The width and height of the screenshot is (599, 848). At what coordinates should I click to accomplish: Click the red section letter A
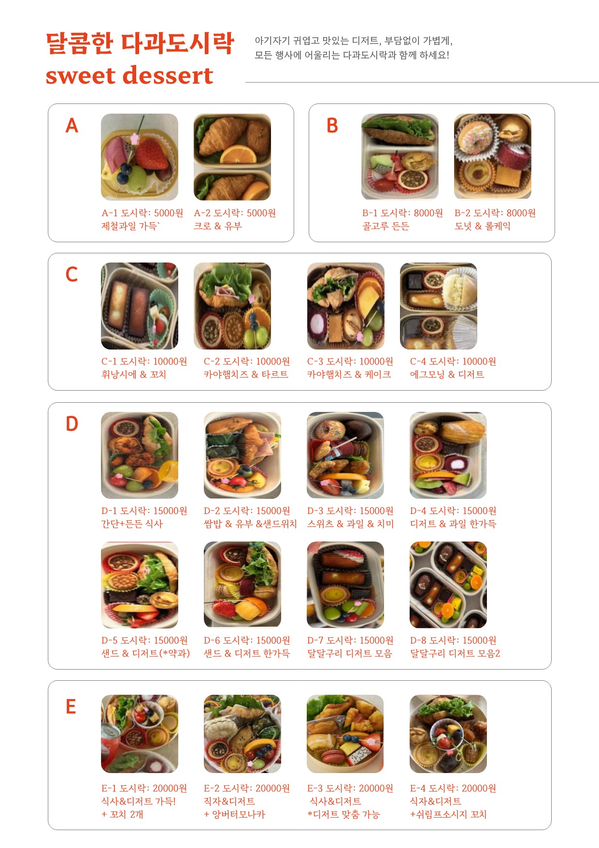pos(71,126)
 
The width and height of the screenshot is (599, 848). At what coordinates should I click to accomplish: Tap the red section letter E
pos(71,707)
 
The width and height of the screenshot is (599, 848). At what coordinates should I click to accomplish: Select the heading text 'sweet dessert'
pos(129,75)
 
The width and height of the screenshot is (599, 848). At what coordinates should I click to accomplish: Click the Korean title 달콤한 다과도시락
pos(140,44)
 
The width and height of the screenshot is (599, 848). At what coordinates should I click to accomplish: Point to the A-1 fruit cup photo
pos(140,157)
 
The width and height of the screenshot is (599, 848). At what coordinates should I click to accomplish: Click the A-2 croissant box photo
pos(232,157)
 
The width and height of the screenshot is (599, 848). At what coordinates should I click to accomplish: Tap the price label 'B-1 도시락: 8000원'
pos(402,213)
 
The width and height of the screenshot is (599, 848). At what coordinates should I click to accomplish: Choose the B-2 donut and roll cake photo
pos(493,157)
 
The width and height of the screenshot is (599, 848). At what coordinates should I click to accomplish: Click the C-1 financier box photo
pos(140,306)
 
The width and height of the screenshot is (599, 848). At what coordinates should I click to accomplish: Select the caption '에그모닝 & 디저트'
pos(447,375)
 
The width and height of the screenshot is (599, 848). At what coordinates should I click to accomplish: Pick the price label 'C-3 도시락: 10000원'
pos(350,362)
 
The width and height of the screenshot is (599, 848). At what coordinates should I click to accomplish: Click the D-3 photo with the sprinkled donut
pos(345,455)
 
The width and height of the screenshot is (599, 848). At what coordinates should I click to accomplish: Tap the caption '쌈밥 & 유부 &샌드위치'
pos(250,524)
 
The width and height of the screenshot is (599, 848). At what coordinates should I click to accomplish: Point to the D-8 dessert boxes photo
pos(448,585)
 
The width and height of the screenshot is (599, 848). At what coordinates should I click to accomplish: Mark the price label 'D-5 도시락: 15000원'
pos(144,641)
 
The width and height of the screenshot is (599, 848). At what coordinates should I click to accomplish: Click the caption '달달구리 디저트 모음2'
pos(455,654)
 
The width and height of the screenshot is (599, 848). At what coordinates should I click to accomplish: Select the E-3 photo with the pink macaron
pos(345,734)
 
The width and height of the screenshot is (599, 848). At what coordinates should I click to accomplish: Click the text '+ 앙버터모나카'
pos(235,815)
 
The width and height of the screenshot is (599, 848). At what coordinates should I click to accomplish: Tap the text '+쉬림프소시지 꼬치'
pos(448,815)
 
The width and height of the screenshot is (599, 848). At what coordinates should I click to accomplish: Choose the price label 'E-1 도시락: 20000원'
pos(144,789)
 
